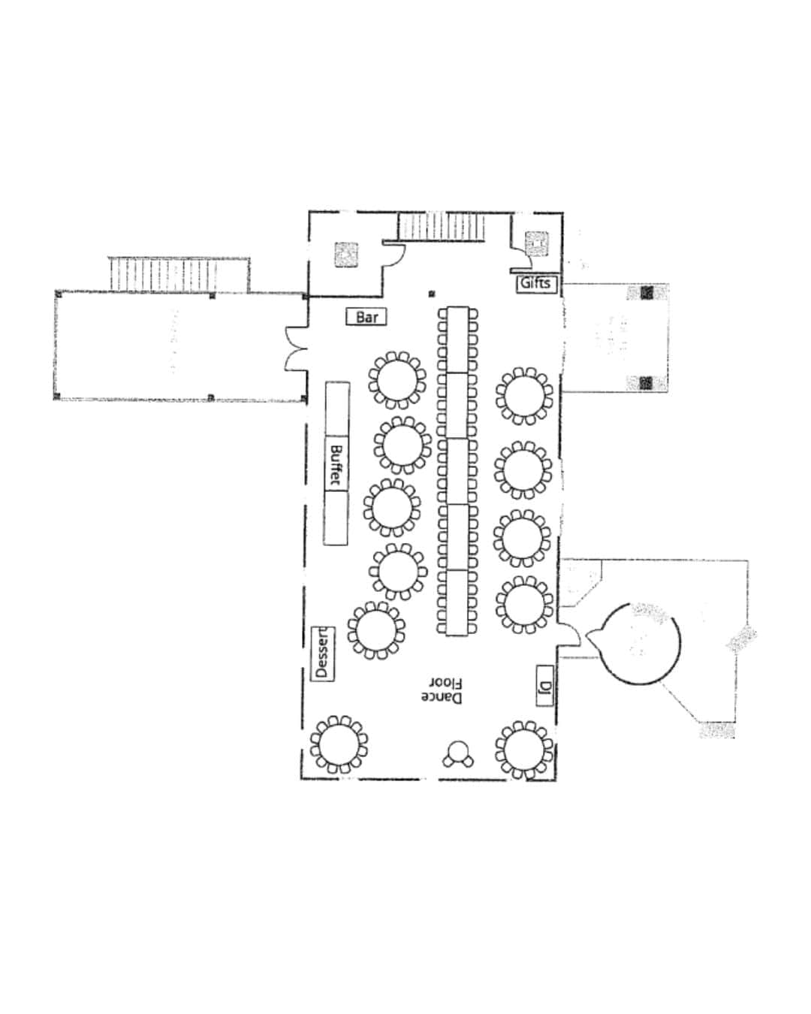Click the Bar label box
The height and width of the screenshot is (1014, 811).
[x=366, y=317]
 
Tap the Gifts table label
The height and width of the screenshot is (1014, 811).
[x=536, y=284]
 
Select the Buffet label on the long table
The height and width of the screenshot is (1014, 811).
[x=336, y=463]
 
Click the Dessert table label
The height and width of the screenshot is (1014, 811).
[x=323, y=653]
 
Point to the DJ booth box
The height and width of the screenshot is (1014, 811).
[x=544, y=686]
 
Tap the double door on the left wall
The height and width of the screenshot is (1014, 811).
[x=296, y=349]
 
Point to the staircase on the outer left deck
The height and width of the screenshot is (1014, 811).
[x=163, y=274]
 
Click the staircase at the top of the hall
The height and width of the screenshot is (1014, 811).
[x=442, y=227]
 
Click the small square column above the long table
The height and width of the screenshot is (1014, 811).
[x=432, y=294]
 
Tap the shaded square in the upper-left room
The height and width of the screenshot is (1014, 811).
[x=346, y=255]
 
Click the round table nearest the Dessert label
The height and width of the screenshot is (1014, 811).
[x=376, y=630]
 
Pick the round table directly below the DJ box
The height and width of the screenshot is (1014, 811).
[x=523, y=750]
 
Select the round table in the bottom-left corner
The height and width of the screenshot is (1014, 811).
[x=339, y=744]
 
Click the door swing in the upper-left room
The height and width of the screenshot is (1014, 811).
[x=394, y=252]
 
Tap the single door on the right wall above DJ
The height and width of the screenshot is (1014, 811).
[x=569, y=633]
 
